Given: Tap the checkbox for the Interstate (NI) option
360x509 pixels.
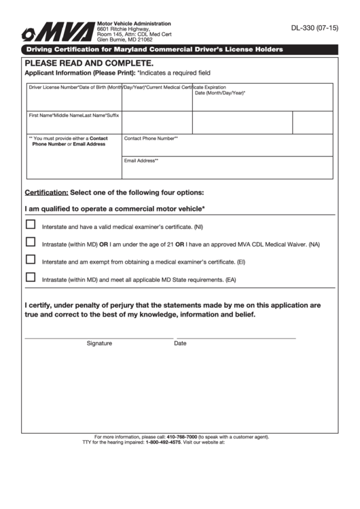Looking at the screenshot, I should coord(31,224).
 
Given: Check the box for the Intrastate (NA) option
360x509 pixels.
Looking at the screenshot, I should coord(31,242).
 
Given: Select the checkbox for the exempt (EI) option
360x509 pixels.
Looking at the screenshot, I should coord(31,259).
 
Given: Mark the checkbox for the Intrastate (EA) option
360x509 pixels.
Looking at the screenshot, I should coord(31,277).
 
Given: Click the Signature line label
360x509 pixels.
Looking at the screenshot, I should coord(99,343).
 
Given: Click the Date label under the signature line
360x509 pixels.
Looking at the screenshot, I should coord(180,343).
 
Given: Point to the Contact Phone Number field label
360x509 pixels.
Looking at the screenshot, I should coord(150,138).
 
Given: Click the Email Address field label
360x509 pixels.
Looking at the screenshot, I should coord(141,160).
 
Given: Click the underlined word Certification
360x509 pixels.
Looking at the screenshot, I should coord(46,192).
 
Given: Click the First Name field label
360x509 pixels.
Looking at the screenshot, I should coord(41,115).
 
